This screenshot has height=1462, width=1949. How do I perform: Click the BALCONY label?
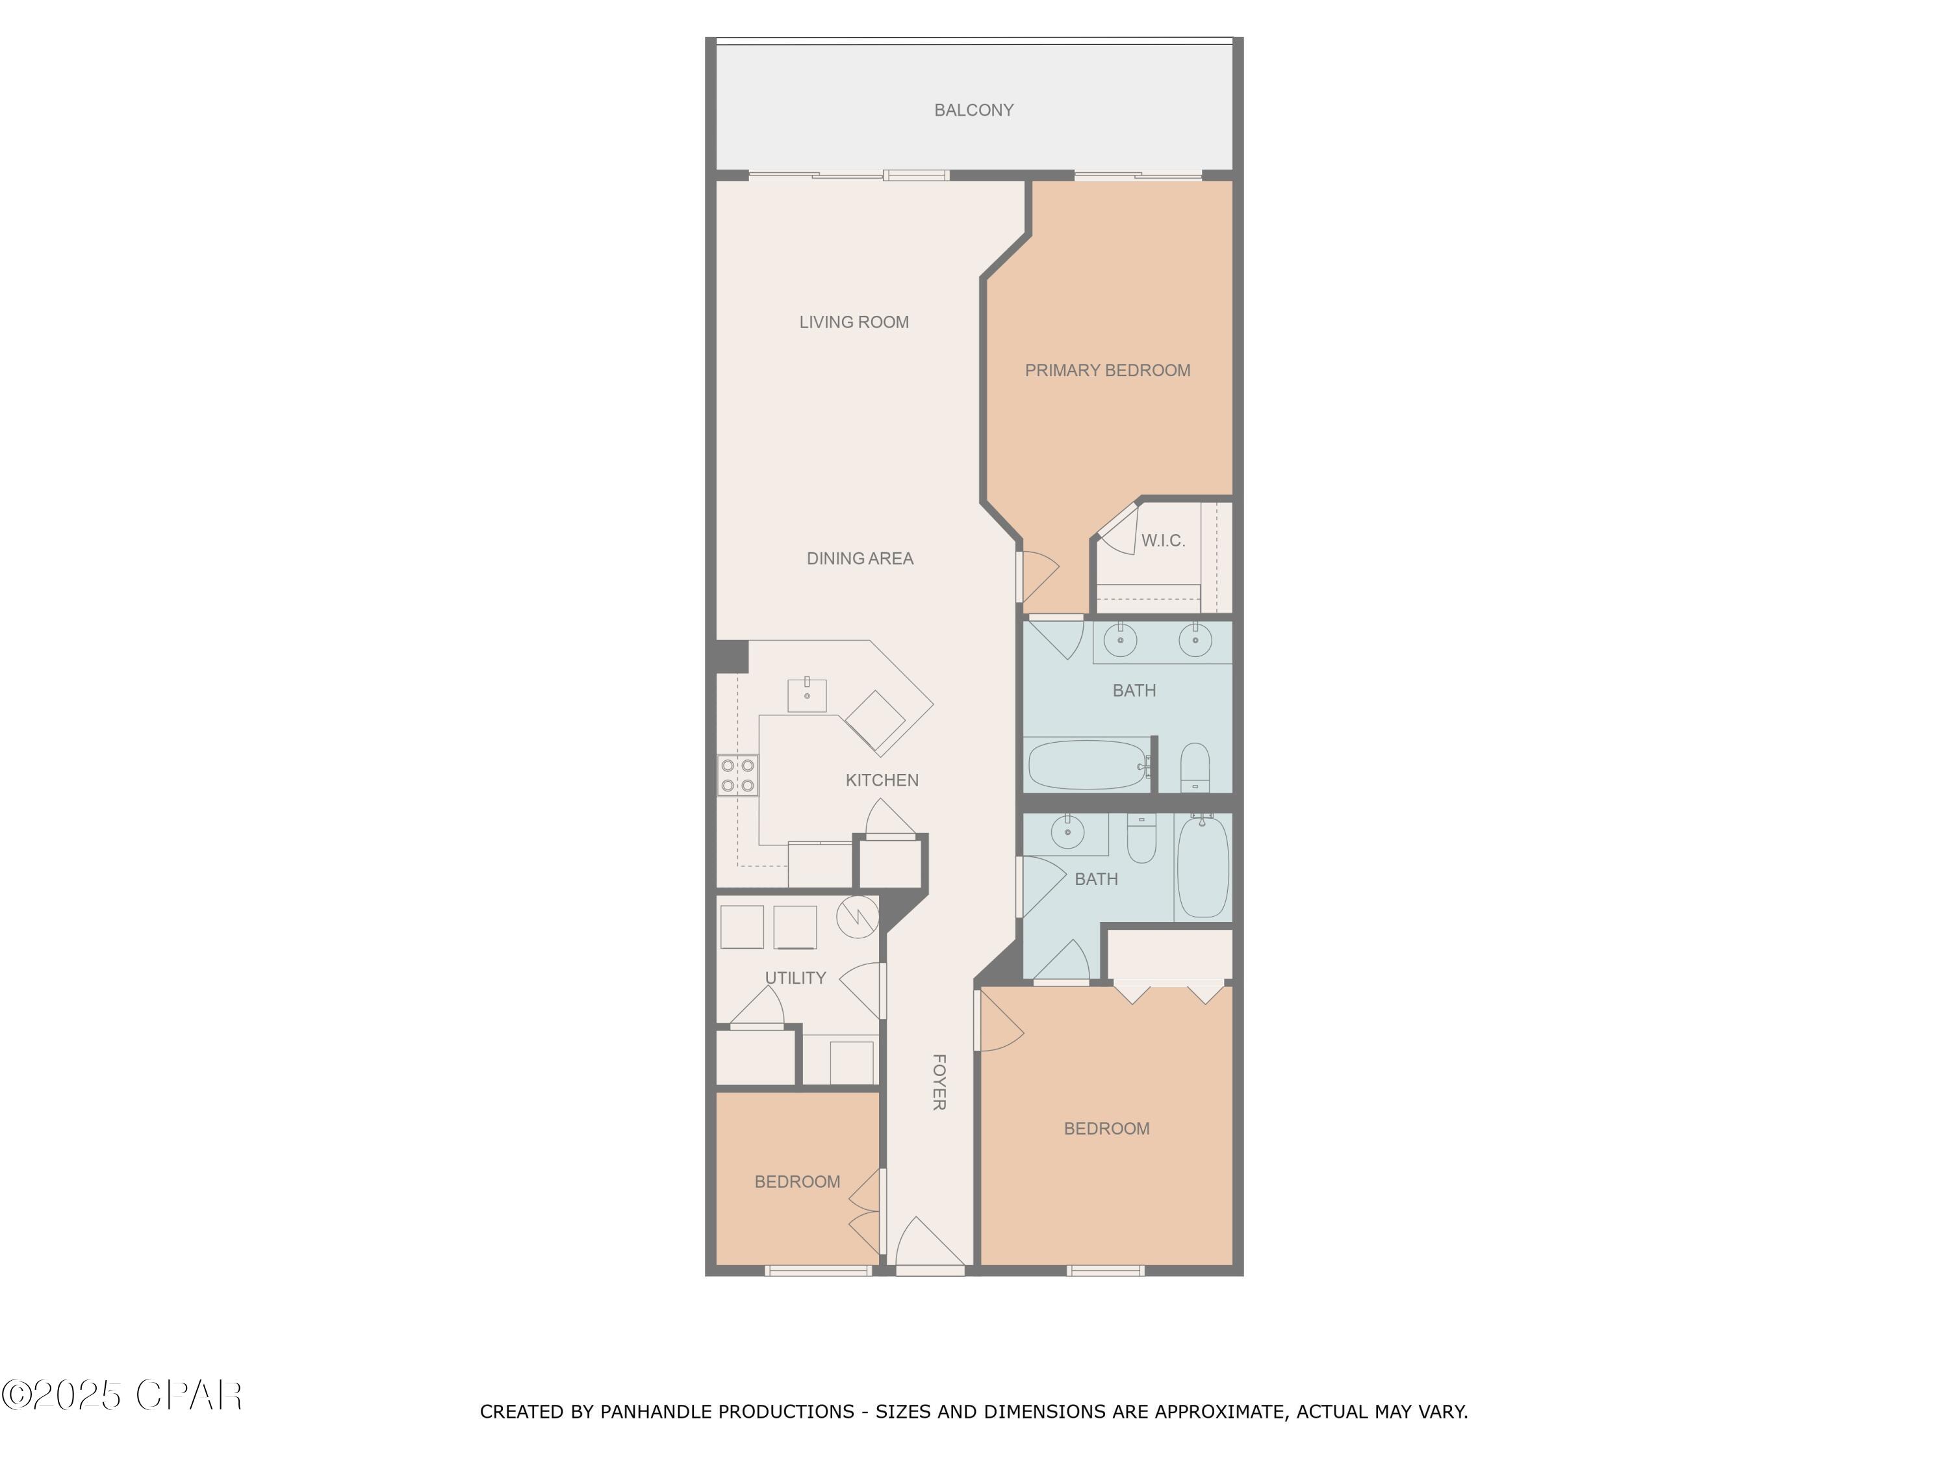[x=974, y=110]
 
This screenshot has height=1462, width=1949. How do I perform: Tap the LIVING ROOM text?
[x=854, y=322]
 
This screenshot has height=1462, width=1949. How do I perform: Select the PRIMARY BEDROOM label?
[x=1108, y=371]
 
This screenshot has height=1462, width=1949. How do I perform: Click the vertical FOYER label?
[x=939, y=1082]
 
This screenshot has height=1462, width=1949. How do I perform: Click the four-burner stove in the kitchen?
[x=737, y=775]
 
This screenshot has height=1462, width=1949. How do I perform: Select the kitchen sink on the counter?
[x=807, y=695]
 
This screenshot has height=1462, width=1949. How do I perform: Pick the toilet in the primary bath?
[x=1195, y=767]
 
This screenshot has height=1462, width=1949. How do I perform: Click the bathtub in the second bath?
[x=1203, y=866]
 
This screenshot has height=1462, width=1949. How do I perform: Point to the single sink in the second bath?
[x=1068, y=831]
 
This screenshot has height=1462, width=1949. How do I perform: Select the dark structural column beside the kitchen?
[x=732, y=656]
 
